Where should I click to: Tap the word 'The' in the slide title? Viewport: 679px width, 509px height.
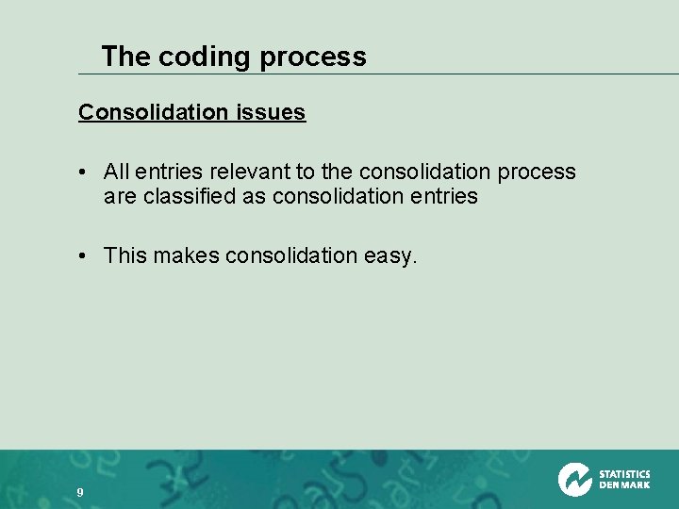[125, 57]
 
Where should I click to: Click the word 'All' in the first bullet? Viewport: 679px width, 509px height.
[117, 172]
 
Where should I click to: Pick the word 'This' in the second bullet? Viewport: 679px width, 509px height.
[124, 255]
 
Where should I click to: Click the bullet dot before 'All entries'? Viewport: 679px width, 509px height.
[84, 172]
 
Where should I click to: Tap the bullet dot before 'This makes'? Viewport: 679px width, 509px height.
[84, 255]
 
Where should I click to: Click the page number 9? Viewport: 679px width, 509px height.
[80, 492]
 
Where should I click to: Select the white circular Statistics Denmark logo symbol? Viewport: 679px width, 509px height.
[573, 480]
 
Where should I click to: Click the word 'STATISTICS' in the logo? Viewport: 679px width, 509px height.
[624, 474]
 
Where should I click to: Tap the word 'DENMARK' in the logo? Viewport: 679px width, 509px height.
[624, 485]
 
